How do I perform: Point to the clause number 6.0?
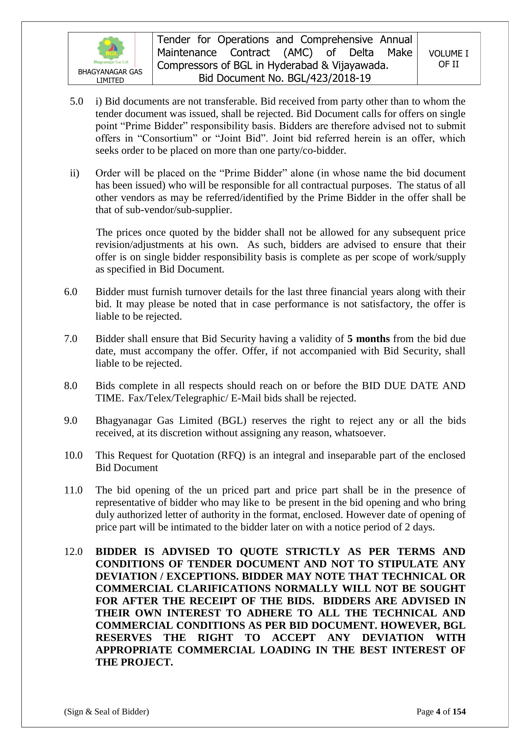click(70, 292)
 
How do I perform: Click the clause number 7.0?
click(70, 339)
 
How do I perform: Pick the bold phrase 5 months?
click(369, 339)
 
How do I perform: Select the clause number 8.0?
click(70, 386)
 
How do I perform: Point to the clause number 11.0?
click(73, 490)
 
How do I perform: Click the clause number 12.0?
click(73, 552)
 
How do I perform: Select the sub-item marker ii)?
click(74, 173)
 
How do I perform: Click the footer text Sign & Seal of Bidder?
click(106, 711)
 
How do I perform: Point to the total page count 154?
click(459, 711)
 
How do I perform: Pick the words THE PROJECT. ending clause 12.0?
click(134, 662)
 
